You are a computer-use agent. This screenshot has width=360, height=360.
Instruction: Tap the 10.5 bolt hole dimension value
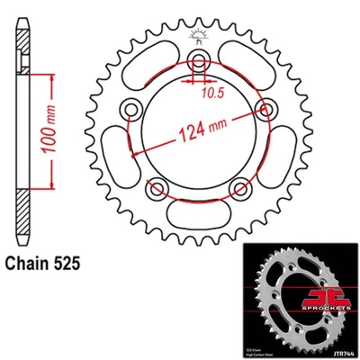212,91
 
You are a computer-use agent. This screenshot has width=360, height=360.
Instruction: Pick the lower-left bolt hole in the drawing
158,187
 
